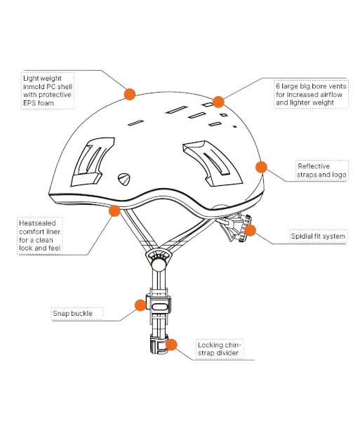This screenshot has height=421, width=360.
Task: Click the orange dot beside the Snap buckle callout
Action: click(140, 305)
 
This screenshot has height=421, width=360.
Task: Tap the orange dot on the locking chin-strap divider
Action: click(171, 345)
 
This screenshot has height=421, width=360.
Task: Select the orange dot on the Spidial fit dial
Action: click(250, 230)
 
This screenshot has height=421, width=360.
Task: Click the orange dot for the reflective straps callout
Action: click(261, 167)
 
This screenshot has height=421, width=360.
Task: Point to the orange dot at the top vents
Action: click(218, 102)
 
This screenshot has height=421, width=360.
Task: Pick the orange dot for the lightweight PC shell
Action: click(130, 94)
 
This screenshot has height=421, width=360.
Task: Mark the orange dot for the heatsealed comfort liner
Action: click(114, 210)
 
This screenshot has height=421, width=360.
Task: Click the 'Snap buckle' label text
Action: click(72, 314)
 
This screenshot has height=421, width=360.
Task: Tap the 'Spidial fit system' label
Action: click(318, 236)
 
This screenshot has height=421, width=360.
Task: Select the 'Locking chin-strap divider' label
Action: click(220, 349)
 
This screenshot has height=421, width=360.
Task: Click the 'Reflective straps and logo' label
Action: click(321, 171)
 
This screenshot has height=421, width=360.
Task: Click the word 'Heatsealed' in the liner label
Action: click(37, 223)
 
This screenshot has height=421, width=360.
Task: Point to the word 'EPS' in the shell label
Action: click(29, 103)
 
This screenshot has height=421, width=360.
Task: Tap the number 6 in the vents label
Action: click(278, 86)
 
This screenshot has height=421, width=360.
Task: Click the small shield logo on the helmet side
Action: click(124, 179)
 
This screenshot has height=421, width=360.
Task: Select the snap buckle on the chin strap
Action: click(159, 305)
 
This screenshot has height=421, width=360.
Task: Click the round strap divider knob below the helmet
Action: click(159, 264)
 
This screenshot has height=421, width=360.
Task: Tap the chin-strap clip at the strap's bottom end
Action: click(159, 344)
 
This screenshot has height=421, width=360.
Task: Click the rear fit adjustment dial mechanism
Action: click(236, 227)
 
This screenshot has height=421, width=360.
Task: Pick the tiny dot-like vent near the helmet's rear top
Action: click(235, 126)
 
